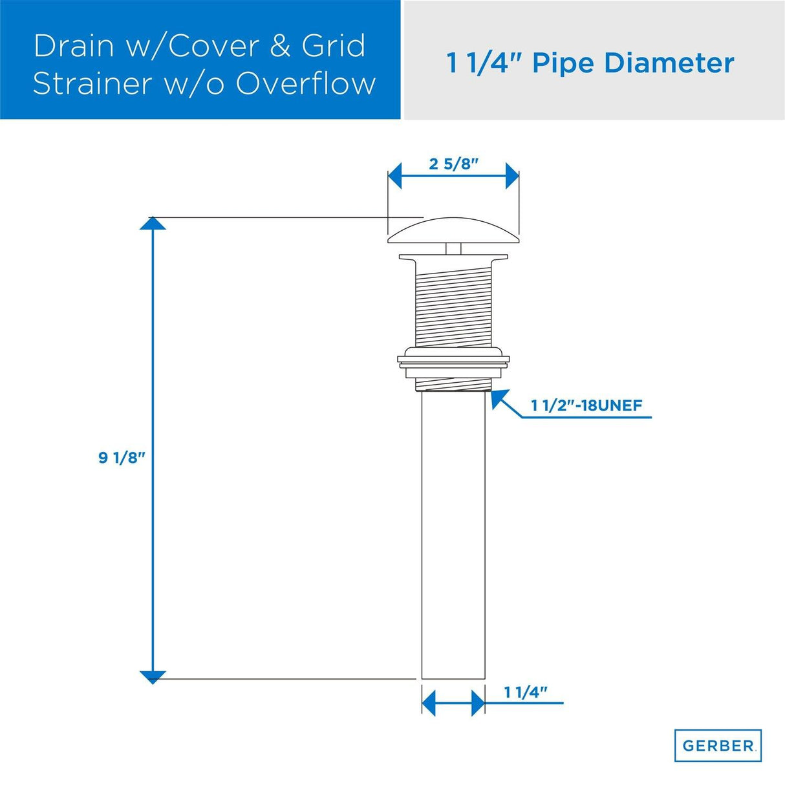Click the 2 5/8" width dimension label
[453, 164]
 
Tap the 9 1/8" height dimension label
[122, 458]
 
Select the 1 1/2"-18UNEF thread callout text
[586, 405]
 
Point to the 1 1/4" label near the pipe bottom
[525, 693]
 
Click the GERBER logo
[718, 746]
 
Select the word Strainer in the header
[91, 84]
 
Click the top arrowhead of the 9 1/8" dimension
[153, 223]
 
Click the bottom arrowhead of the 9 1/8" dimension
[153, 677]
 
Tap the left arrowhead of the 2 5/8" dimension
[394, 176]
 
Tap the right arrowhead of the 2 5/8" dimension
[512, 176]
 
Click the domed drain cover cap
[453, 231]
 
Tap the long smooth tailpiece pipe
[453, 537]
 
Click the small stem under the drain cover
[453, 250]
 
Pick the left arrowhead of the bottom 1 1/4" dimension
[429, 703]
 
